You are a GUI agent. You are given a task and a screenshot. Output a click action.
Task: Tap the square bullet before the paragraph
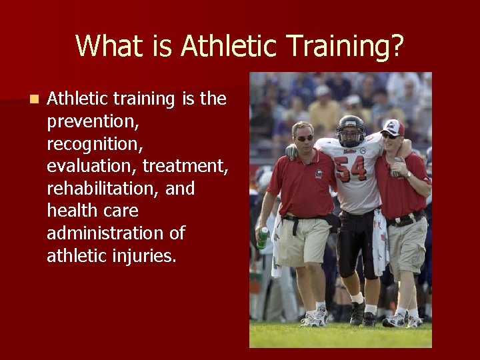tap(34, 99)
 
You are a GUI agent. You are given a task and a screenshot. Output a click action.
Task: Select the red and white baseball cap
tap(393, 126)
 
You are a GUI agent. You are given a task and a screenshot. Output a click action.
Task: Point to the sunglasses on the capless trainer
tap(305, 138)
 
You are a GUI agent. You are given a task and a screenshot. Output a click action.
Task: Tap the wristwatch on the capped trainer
tap(407, 174)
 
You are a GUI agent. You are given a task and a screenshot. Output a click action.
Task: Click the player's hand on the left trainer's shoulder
tap(291, 151)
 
